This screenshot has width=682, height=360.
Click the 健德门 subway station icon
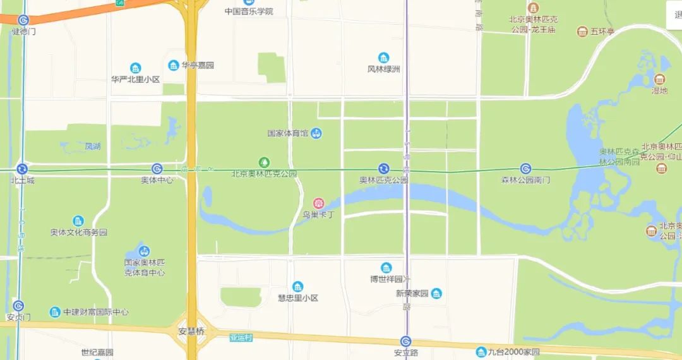coord(23,20)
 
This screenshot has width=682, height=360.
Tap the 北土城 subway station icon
coord(22,169)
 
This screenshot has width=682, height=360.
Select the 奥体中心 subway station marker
coord(157,169)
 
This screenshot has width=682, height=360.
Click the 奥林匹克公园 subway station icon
coord(383,169)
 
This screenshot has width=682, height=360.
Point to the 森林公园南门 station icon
coord(525,169)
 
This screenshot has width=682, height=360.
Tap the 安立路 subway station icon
coord(406,342)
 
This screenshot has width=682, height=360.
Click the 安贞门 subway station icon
coord(18,306)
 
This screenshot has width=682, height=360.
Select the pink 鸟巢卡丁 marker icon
coord(319,203)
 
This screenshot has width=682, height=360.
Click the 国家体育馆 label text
coord(287,133)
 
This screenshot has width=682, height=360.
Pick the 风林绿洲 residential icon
coord(383,58)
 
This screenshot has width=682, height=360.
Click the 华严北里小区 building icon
coord(135,68)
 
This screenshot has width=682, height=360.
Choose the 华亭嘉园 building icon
coord(174,65)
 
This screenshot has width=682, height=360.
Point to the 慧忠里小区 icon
coord(298,287)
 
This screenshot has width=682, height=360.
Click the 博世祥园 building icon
coord(386,268)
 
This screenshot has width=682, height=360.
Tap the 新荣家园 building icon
coord(436,293)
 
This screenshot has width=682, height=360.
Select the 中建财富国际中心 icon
coord(56,312)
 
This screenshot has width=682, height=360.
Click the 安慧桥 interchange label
coord(192,331)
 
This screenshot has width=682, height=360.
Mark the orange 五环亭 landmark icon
coord(582,31)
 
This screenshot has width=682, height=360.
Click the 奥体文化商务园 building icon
coord(78,221)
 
